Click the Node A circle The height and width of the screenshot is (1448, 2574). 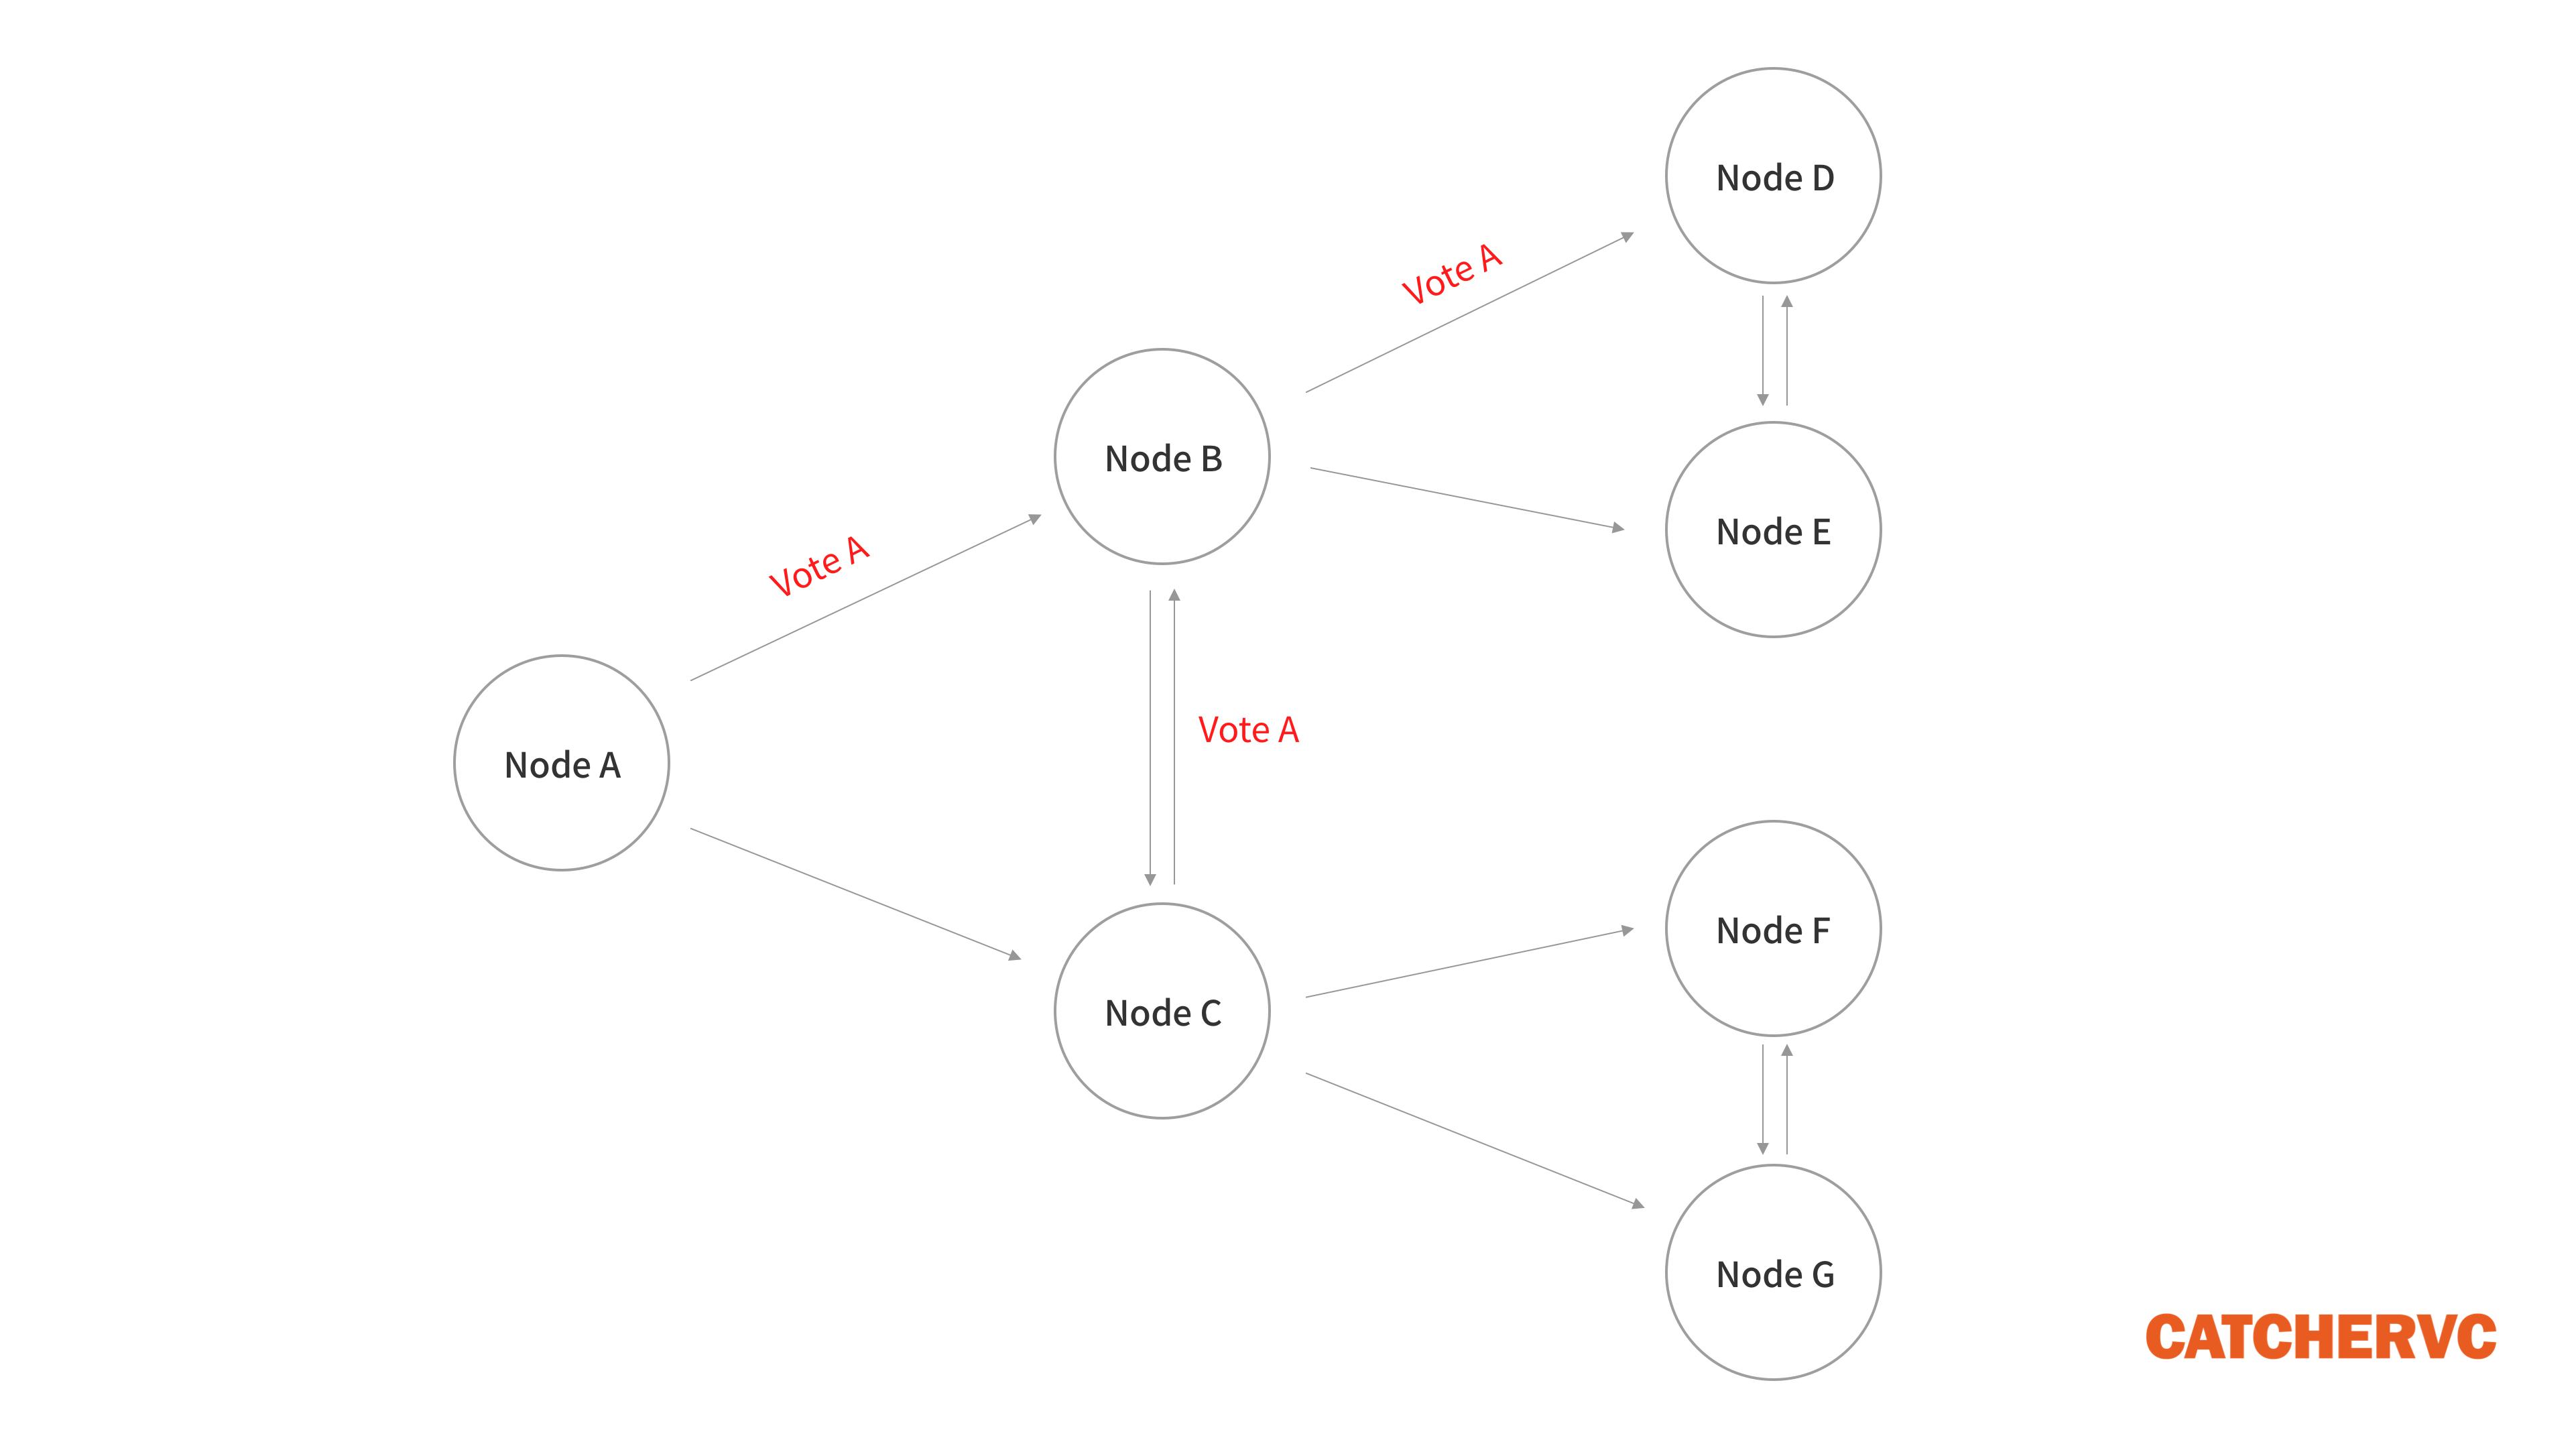tap(562, 764)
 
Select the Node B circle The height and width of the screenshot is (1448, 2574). tap(1162, 457)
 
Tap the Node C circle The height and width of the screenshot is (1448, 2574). tap(1162, 1012)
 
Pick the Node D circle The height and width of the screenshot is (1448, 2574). tap(1774, 176)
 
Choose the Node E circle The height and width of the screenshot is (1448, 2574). tap(1774, 530)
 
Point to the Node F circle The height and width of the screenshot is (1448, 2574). tap(1774, 928)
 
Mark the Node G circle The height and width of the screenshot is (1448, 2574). tap(1774, 1272)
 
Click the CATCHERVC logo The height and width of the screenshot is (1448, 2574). tap(2320, 1337)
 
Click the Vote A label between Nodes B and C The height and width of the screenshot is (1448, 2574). tap(1248, 731)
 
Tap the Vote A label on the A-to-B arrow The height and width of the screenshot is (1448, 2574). tap(819, 566)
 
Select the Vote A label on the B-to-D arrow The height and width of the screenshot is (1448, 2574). tap(1452, 274)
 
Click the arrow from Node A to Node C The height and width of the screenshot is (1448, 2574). tap(855, 894)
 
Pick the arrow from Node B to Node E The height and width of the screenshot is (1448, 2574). tap(1466, 497)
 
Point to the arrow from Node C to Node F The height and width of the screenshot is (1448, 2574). tap(1469, 963)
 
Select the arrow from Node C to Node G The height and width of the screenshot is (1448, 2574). tap(1474, 1139)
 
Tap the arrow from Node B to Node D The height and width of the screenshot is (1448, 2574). tap(1469, 314)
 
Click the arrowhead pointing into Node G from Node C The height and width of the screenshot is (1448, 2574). tap(1637, 1204)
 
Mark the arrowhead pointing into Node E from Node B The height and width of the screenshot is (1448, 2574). tap(1617, 527)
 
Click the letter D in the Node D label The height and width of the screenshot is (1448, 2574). tap(1823, 178)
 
